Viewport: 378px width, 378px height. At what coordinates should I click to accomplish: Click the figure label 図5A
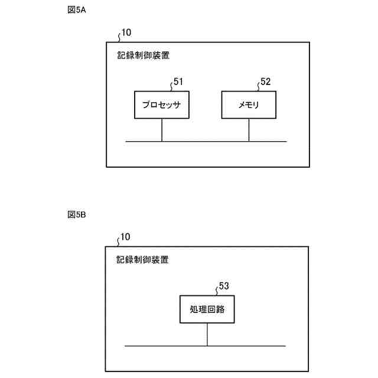coord(77,10)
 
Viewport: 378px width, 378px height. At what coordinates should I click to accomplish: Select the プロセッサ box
coord(161,105)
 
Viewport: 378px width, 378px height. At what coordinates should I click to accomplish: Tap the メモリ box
coord(249,105)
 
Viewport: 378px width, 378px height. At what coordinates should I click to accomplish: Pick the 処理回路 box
coord(207,309)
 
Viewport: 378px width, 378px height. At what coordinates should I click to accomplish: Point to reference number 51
coord(178,82)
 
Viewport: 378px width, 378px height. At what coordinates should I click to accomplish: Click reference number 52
coord(265,82)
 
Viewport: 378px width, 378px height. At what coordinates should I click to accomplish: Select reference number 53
coord(224,286)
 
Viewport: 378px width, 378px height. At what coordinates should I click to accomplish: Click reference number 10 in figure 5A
coord(126,32)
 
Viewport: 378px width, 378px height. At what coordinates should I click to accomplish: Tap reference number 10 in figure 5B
coord(125,237)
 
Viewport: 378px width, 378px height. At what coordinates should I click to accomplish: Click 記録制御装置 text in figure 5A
coord(143,56)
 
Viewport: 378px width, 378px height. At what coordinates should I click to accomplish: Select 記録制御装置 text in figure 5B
coord(143,260)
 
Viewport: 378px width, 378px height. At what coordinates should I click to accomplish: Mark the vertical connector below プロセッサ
coord(162,130)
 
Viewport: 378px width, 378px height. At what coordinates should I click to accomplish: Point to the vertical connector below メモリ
coord(249,130)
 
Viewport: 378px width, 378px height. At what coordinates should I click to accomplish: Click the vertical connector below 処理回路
coord(207,334)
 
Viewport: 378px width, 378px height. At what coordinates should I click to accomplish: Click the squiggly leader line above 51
coord(171,86)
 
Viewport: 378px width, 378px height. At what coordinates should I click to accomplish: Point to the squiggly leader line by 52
coord(258,86)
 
